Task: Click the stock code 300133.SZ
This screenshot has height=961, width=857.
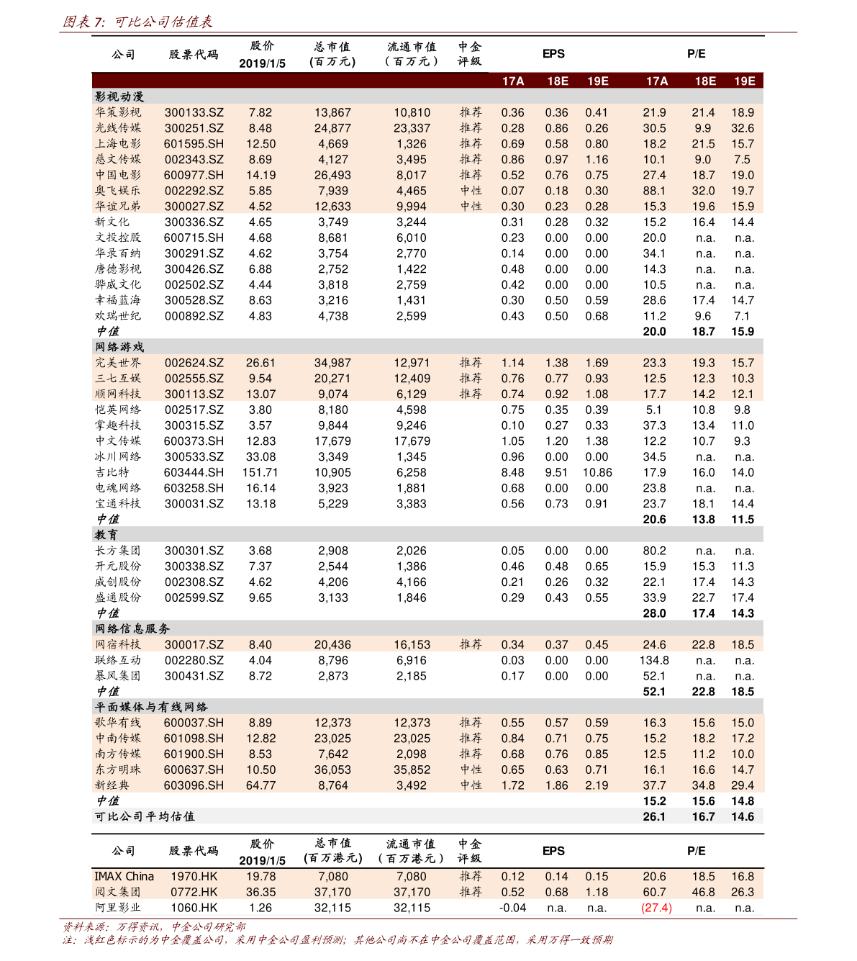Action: (194, 112)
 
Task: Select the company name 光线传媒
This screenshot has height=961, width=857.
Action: (118, 128)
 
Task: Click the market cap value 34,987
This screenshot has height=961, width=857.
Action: (332, 363)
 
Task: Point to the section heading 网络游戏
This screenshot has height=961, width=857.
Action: (119, 347)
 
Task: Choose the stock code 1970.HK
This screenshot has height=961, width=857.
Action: (194, 876)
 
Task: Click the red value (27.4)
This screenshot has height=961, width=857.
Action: (656, 908)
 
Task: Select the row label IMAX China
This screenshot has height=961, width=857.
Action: (124, 876)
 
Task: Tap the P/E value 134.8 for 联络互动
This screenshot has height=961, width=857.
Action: (654, 660)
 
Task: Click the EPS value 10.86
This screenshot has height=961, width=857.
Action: (597, 472)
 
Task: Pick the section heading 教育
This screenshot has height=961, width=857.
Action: (106, 535)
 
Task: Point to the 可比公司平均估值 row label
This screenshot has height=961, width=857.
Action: (145, 816)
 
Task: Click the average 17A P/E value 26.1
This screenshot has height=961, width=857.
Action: (654, 816)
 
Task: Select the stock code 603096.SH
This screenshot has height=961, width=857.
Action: (194, 785)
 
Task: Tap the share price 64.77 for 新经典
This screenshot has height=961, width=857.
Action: (260, 785)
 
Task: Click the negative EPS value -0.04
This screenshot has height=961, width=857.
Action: (512, 908)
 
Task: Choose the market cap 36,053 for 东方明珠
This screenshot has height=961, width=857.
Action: (332, 770)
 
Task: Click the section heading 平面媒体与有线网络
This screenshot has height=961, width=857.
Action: (151, 707)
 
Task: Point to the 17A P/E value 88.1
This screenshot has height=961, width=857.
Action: (654, 191)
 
